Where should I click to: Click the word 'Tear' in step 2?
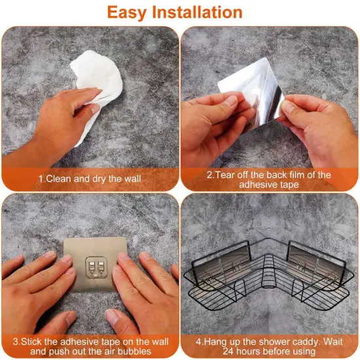coord(228,175)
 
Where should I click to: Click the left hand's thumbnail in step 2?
coord(230,101)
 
